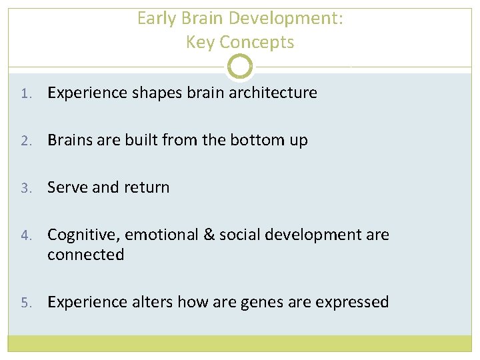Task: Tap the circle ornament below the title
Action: pyautogui.click(x=240, y=67)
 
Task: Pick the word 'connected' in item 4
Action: pyautogui.click(x=85, y=255)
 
